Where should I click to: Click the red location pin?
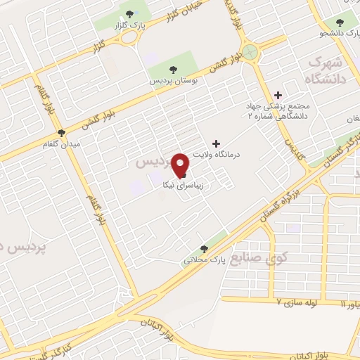(181, 165)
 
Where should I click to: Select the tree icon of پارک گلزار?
(129, 13)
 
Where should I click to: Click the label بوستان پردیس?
(171, 81)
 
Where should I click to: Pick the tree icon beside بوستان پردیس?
(172, 68)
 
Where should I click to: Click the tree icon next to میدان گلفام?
(61, 132)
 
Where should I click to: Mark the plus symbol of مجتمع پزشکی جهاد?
(278, 94)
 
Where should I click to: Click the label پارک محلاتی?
(204, 261)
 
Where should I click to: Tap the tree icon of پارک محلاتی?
(205, 248)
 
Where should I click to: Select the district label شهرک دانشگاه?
(327, 70)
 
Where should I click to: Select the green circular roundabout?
(250, 51)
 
